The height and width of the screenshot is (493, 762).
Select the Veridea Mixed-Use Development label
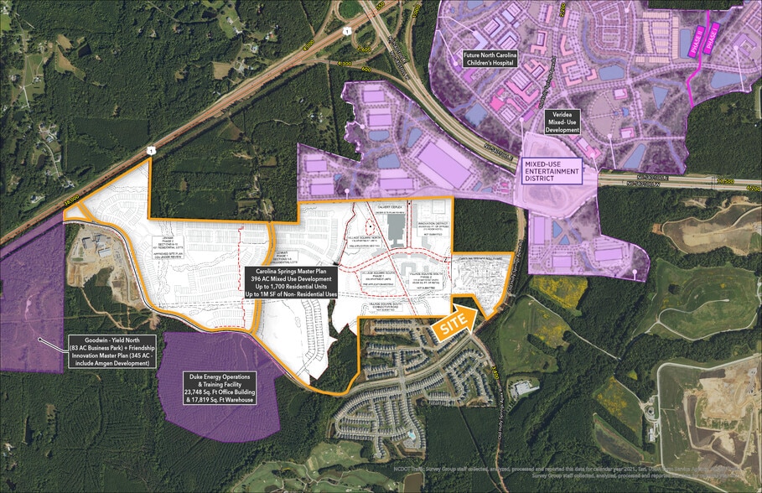564,120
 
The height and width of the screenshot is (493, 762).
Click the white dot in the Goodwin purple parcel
38,339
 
